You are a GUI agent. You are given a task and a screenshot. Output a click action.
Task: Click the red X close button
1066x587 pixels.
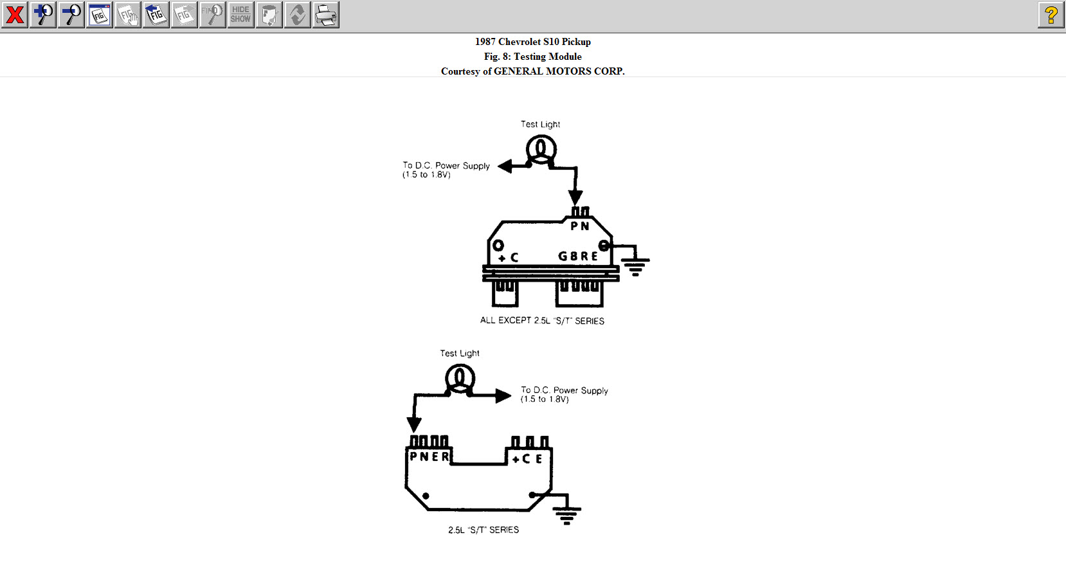pos(14,15)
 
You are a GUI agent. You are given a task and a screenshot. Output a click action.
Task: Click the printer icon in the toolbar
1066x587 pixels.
pos(326,15)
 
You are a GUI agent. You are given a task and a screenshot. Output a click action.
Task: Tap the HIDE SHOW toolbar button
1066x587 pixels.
pos(240,15)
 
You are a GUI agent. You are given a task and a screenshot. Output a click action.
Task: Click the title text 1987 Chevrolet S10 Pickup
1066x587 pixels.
pos(532,42)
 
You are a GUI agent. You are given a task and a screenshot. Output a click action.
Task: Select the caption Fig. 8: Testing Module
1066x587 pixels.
pos(532,57)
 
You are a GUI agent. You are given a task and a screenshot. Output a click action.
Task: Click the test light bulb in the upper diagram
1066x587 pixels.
pos(541,150)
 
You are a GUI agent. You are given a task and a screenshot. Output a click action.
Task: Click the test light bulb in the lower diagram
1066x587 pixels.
pos(460,378)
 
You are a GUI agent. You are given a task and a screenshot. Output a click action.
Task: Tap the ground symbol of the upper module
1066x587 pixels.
pos(635,266)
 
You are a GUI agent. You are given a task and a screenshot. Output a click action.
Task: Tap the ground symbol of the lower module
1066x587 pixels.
pos(566,514)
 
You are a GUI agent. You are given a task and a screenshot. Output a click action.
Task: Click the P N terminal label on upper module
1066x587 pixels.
pos(580,226)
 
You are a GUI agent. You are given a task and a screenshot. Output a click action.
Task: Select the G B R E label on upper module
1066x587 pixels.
pos(578,256)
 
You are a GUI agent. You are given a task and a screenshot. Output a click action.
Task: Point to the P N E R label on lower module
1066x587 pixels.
pos(429,456)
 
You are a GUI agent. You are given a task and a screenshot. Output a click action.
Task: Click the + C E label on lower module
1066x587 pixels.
pos(527,459)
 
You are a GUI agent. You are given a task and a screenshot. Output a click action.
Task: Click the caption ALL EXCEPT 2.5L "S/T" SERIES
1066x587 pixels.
pos(542,320)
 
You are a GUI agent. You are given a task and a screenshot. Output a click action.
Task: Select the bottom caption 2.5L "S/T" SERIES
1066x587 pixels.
pos(483,530)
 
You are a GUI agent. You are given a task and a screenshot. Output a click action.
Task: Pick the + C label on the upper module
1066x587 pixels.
pos(508,257)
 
